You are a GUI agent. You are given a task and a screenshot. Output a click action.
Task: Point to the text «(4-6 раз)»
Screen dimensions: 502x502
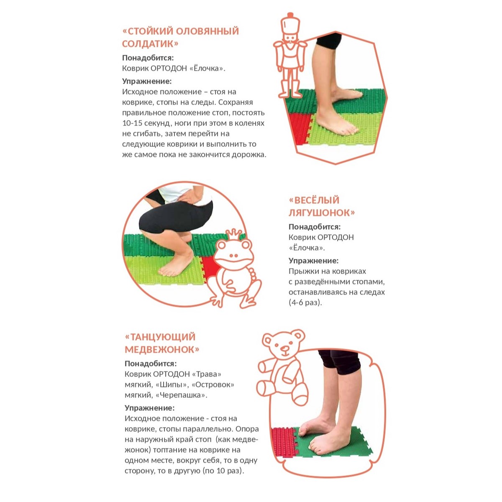[305, 303]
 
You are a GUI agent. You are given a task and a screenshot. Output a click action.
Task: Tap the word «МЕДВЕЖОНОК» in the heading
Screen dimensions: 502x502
[162, 349]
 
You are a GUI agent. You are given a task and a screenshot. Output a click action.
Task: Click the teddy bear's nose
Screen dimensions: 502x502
[284, 348]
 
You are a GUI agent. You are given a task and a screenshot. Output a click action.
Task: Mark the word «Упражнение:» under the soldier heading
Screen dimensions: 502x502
[147, 81]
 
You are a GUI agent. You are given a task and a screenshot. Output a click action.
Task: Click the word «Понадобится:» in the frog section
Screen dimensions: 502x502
[315, 227]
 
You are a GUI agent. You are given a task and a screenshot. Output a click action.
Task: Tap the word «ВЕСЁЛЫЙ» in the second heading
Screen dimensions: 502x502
[314, 200]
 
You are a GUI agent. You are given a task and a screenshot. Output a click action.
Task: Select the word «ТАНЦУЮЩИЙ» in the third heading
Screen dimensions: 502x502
[160, 337]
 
